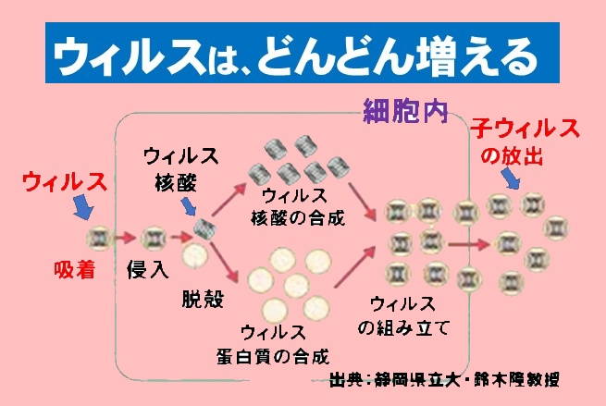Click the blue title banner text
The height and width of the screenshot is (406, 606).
303,57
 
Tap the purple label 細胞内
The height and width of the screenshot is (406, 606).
403,112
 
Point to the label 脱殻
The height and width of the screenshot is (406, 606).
204,299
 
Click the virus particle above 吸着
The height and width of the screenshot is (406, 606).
98,239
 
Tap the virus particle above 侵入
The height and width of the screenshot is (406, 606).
155,239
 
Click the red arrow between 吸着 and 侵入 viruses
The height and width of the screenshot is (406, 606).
126,239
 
